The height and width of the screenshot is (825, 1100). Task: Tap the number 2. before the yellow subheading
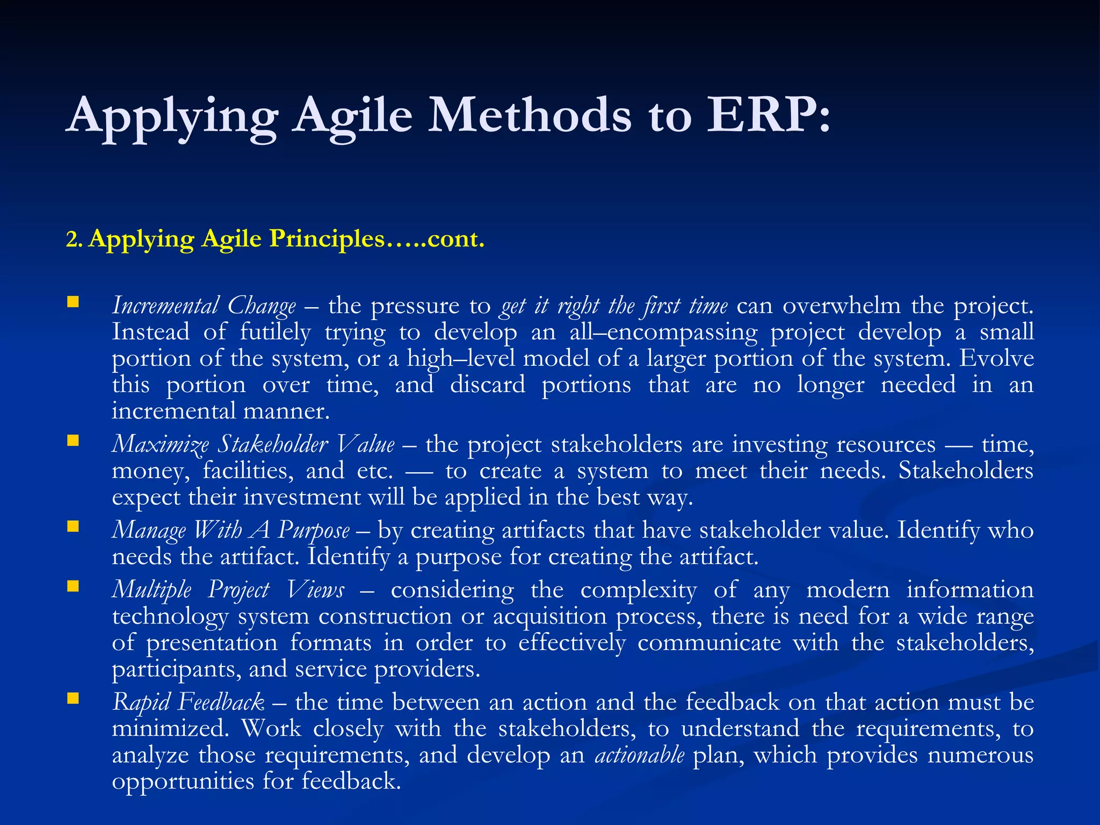(x=74, y=240)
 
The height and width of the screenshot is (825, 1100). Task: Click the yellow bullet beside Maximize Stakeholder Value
(x=73, y=442)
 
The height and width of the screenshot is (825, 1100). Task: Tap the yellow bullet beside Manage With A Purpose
(x=73, y=527)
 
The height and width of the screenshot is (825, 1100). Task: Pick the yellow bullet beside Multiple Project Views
(x=73, y=586)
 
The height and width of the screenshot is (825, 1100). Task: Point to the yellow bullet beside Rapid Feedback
(x=73, y=699)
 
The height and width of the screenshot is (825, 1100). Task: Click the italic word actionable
(x=639, y=755)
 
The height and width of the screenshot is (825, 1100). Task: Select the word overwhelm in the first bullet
(x=841, y=306)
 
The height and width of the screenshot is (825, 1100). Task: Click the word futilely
(x=275, y=332)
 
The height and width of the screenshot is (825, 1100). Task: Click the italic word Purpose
(x=314, y=531)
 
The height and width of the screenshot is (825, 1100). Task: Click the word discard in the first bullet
(x=487, y=385)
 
